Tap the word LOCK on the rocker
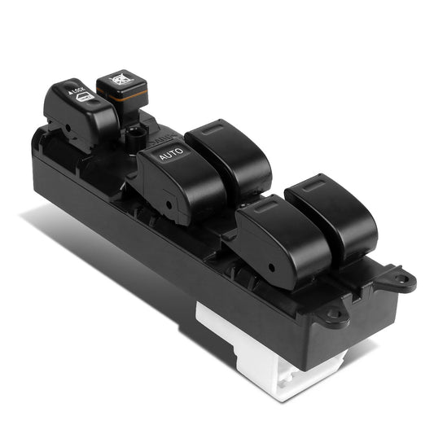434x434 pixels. tap(79, 89)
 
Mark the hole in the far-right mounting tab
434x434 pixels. tap(400, 281)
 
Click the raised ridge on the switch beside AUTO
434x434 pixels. tap(213, 130)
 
